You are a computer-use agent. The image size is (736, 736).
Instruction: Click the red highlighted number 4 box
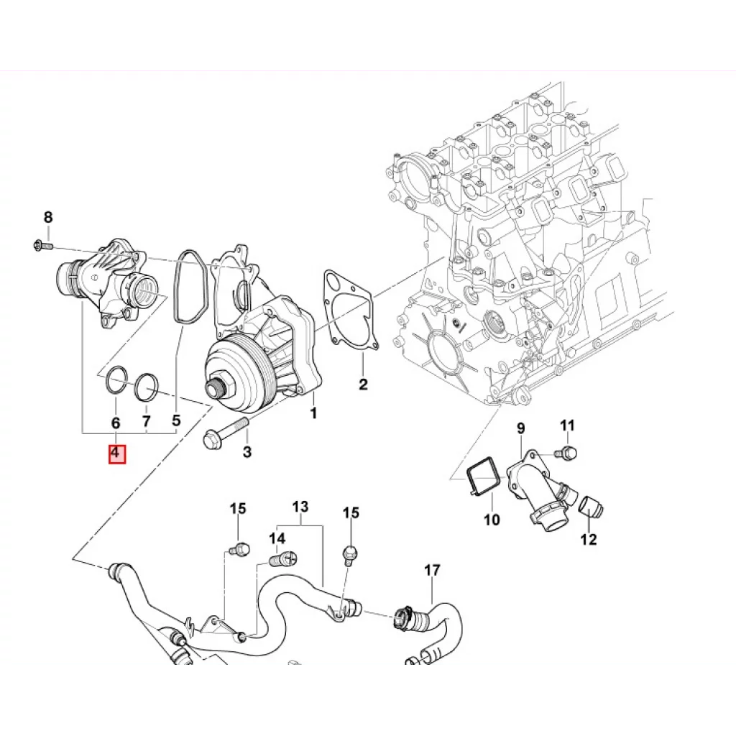[x=117, y=454]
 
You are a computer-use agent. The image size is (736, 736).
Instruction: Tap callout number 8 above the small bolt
[x=48, y=217]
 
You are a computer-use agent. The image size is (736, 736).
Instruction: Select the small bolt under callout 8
[x=44, y=245]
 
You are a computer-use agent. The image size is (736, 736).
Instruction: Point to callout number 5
[x=176, y=420]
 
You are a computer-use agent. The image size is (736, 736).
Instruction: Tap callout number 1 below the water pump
[x=313, y=413]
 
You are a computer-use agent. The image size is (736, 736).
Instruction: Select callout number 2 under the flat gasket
[x=363, y=384]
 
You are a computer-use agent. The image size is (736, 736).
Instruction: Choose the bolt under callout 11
[x=566, y=453]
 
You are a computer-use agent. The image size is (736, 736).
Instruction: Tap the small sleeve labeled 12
[x=591, y=507]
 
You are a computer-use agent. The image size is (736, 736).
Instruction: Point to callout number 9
[x=520, y=428]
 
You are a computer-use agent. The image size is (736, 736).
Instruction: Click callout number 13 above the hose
[x=300, y=507]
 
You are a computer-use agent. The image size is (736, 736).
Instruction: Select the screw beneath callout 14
[x=284, y=559]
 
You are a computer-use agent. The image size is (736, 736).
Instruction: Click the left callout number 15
[x=238, y=508]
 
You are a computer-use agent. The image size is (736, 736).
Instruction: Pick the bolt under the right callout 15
[x=350, y=554]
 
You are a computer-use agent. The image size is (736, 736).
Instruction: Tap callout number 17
[x=432, y=570]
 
